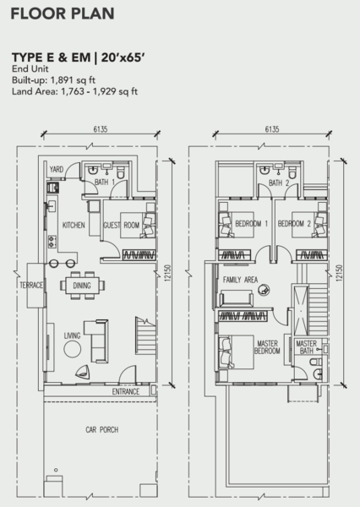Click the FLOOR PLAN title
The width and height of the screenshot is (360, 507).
click(x=63, y=14)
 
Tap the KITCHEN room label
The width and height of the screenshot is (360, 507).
click(x=74, y=225)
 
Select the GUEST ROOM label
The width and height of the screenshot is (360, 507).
click(x=122, y=225)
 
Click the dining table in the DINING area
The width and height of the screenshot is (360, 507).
click(x=82, y=286)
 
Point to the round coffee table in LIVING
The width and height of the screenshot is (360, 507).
click(x=72, y=349)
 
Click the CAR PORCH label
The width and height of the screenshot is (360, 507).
click(x=102, y=430)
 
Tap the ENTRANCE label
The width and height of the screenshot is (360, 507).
click(x=126, y=391)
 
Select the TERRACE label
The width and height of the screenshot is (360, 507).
click(x=31, y=286)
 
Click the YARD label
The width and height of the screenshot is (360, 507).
click(x=57, y=170)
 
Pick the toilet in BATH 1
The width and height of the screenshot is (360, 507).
click(x=120, y=172)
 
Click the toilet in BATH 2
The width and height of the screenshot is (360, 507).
click(x=292, y=172)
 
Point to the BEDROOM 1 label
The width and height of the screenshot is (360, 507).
click(x=252, y=223)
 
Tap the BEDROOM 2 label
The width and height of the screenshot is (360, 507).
click(x=294, y=223)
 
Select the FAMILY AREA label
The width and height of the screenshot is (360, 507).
click(x=240, y=280)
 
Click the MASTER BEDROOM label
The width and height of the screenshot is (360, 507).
click(x=267, y=347)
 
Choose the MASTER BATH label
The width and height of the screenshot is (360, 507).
click(x=306, y=347)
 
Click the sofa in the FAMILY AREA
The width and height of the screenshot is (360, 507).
click(x=236, y=298)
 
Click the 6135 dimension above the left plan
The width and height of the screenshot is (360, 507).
click(x=101, y=129)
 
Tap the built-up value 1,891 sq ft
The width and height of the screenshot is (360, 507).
click(x=73, y=80)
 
